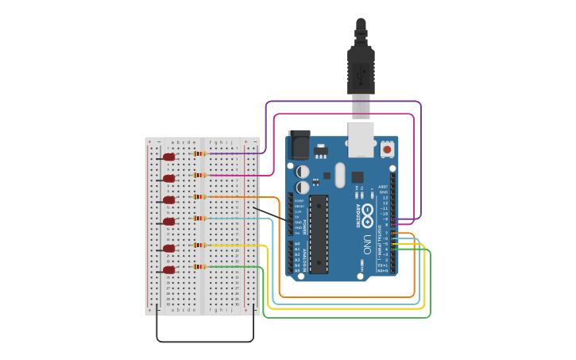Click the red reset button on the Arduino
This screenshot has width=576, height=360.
tap(387, 149)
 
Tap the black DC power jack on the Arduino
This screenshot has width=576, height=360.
tap(300, 145)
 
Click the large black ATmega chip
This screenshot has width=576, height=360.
tap(319, 234)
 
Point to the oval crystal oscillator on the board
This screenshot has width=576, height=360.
tap(340, 175)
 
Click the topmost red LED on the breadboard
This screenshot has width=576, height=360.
tap(168, 157)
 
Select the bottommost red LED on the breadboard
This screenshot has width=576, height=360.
tap(168, 270)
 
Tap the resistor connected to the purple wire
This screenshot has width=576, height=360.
tap(199, 153)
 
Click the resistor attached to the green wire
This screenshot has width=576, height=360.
tap(199, 267)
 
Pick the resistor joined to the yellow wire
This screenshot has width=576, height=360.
tap(199, 246)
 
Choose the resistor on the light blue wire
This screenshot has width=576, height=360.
tap(199, 218)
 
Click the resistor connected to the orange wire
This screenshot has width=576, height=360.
tap(199, 196)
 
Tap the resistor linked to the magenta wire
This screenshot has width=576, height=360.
tap(199, 175)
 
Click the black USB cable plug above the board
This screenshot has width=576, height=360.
tap(361, 68)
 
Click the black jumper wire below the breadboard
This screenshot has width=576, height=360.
tap(205, 342)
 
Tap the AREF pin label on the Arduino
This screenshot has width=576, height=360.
tap(383, 187)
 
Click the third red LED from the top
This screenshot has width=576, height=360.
tap(168, 200)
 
